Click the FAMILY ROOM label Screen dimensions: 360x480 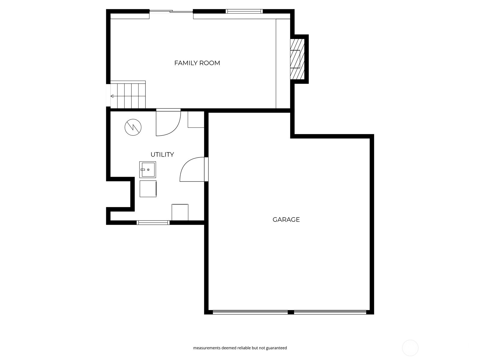pos(197,63)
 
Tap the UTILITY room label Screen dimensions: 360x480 pos(162,154)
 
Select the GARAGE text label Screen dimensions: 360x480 pos(286,220)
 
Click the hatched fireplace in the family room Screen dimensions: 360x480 pos(297,59)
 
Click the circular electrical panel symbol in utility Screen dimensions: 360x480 pos(133,127)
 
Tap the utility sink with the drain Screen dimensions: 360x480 pos(148,170)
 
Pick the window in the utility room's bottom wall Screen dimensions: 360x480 pos(153,223)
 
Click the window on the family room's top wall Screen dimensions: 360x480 pos(244,11)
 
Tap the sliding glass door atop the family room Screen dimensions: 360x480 pos(171,12)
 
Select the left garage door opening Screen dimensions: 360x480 pos(250,312)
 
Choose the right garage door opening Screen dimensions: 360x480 pos(330,312)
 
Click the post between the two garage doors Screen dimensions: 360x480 pos(290,312)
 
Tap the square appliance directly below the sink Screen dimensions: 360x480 pos(148,189)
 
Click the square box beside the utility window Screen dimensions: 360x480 pos(180,212)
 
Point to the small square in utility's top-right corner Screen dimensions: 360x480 pos(196,119)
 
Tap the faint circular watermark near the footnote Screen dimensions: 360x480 pos(410,348)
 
